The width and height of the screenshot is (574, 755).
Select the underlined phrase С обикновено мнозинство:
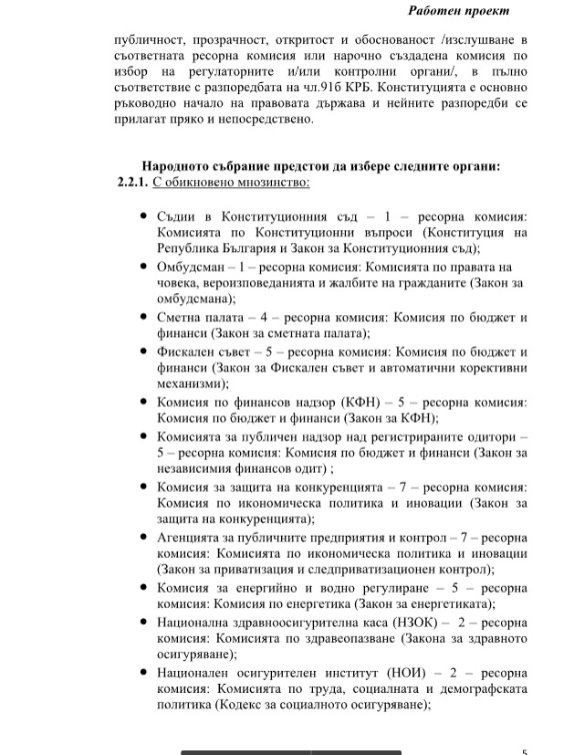click(232, 182)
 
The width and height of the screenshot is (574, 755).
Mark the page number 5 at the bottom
click(524, 751)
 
